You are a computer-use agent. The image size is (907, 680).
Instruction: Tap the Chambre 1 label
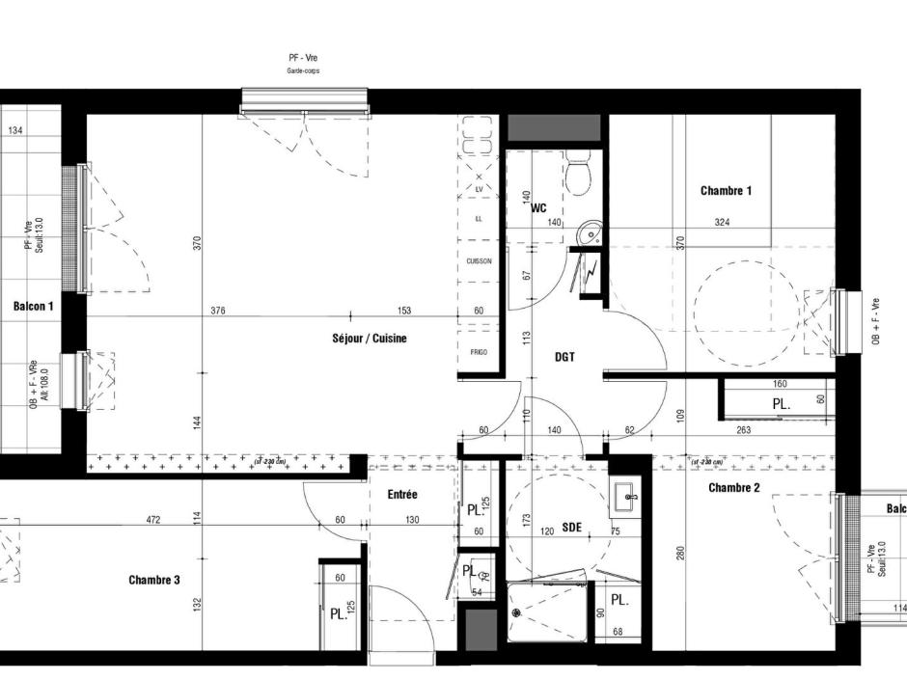[726, 191]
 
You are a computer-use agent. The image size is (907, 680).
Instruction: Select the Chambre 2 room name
[733, 488]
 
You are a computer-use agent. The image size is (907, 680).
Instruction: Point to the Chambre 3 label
[154, 580]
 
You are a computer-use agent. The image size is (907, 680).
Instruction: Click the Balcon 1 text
[34, 306]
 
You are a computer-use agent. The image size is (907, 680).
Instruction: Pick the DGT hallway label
[565, 357]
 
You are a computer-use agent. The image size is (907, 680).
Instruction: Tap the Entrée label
[402, 494]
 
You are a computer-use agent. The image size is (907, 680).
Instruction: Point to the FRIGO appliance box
[479, 352]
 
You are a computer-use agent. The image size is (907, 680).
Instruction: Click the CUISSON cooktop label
[479, 261]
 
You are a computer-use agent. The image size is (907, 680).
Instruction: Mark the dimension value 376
[218, 311]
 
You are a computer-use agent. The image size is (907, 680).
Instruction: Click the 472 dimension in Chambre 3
[152, 520]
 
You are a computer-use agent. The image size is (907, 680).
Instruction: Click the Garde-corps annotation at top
[302, 71]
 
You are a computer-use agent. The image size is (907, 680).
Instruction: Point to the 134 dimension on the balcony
[16, 131]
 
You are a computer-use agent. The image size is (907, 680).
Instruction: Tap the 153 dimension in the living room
[403, 311]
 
